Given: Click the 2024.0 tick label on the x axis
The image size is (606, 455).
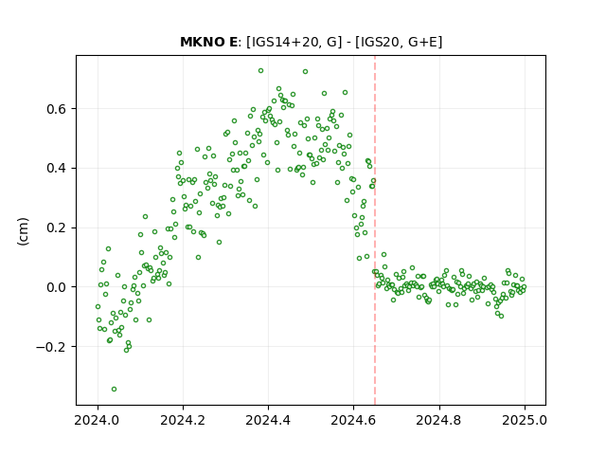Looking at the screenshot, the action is click(98, 420).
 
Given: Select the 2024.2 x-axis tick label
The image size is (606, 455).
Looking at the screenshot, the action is click(183, 420).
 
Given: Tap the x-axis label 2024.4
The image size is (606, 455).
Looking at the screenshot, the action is click(268, 420).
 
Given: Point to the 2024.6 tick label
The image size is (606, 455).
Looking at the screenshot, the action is click(353, 420).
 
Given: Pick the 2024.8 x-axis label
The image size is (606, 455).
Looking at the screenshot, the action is click(438, 420).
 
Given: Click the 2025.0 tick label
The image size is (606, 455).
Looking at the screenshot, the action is click(525, 420).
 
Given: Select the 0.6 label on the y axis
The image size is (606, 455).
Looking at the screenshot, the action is click(57, 109).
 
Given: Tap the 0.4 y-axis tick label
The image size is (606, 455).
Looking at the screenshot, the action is click(57, 169).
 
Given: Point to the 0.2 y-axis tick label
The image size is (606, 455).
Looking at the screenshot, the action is click(57, 227).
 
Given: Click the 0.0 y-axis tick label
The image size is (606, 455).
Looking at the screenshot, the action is click(57, 287).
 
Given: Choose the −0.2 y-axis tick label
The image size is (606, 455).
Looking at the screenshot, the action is click(51, 347).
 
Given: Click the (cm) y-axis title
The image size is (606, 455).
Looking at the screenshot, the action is click(23, 231).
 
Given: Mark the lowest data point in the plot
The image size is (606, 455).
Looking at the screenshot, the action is click(114, 390).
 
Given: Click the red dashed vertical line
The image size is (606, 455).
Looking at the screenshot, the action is click(375, 230).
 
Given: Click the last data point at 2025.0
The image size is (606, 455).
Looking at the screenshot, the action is click(524, 287).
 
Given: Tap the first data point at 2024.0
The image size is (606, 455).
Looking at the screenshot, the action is click(98, 307).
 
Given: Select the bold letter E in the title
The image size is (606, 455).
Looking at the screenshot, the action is click(233, 42).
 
